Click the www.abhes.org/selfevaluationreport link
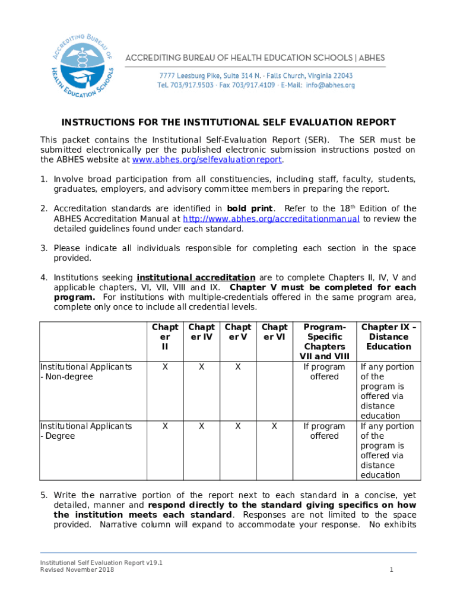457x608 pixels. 207,160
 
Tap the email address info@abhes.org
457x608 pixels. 330,85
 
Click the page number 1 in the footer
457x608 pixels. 392,570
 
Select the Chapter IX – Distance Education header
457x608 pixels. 389,337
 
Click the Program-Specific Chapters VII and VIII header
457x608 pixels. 324,341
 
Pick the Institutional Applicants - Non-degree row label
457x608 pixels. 85,372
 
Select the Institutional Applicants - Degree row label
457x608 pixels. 85,431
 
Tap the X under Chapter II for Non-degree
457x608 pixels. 165,367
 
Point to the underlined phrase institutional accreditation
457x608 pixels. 196,277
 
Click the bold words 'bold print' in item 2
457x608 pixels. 250,208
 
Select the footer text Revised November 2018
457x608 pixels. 77,570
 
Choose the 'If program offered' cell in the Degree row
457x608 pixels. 324,431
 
